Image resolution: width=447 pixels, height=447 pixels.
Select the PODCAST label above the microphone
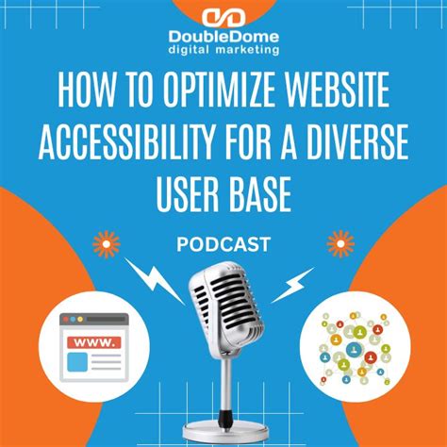[x=223, y=244]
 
